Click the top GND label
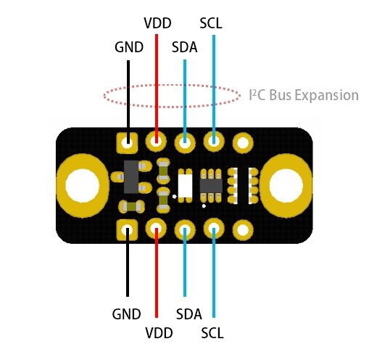[129, 47]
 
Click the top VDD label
[157, 23]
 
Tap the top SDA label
[185, 47]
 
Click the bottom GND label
[126, 314]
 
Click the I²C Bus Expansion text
[303, 95]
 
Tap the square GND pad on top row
[128, 142]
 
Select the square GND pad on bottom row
[128, 230]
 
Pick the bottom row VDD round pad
[157, 230]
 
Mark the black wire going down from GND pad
[128, 269]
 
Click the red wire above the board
[157, 80]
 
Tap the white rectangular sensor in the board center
[185, 186]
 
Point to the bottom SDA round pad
[185, 230]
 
